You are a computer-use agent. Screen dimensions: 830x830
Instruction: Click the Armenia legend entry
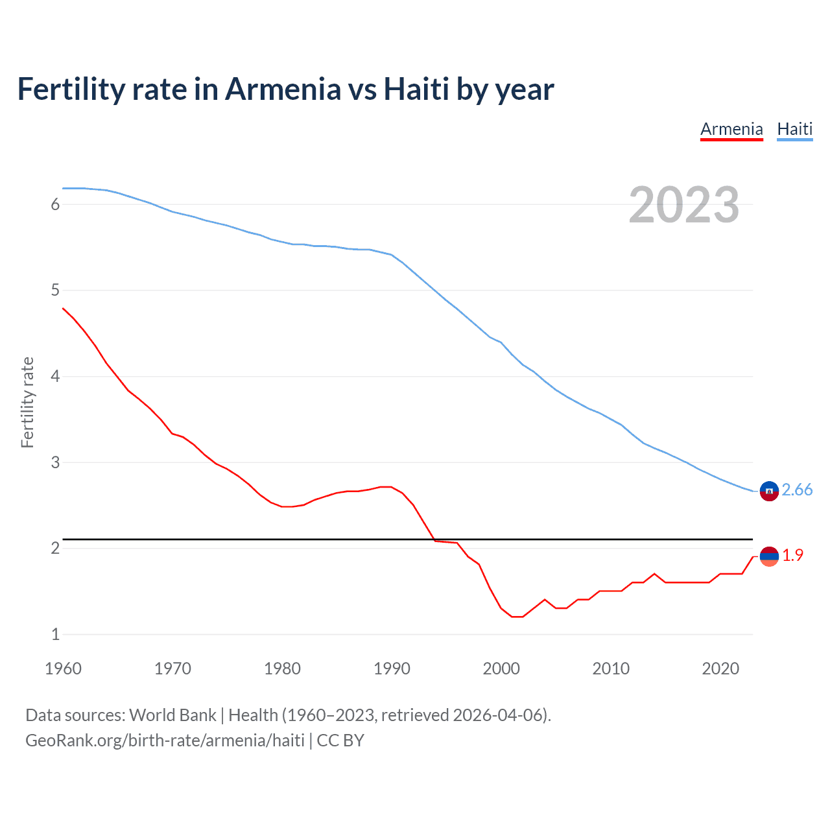[731, 129]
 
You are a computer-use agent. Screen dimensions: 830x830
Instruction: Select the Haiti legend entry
[794, 129]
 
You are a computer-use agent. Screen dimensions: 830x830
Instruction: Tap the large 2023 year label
[683, 206]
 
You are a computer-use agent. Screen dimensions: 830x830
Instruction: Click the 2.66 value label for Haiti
[797, 490]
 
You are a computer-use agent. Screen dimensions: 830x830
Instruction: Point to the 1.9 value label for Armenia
[792, 556]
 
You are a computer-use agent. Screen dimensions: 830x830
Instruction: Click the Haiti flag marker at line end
[769, 492]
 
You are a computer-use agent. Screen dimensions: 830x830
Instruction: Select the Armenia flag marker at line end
[769, 556]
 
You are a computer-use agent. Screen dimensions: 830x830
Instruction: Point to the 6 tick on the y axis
[55, 205]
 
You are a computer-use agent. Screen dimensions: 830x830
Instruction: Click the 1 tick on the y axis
[55, 635]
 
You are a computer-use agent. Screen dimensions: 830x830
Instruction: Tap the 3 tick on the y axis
[55, 463]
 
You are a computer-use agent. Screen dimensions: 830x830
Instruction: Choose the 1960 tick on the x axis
[63, 669]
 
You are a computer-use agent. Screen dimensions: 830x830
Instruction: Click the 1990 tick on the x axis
[392, 669]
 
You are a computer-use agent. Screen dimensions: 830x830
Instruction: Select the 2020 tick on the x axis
[720, 669]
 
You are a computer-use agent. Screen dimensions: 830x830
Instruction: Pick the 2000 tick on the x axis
[501, 669]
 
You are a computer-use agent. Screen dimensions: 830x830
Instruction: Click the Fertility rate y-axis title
[27, 402]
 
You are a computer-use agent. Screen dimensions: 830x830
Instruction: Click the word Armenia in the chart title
[282, 89]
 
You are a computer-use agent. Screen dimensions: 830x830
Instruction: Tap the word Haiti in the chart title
[416, 89]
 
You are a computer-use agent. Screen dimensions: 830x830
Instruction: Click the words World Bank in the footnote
[172, 715]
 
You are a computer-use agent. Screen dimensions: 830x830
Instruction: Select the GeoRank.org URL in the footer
[165, 741]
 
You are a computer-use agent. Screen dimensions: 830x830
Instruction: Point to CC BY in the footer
[340, 741]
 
